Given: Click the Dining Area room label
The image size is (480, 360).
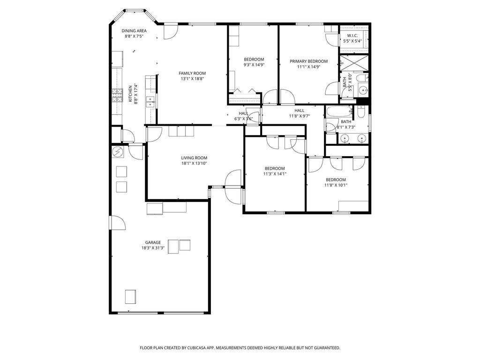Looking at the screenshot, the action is [x=134, y=30].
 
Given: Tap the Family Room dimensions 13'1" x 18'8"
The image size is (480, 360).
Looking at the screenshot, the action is [x=192, y=79].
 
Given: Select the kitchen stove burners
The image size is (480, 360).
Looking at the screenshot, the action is [x=117, y=95].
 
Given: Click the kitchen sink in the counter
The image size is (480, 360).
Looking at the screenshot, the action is [x=150, y=102].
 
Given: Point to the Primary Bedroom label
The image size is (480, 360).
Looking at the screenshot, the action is [x=308, y=61].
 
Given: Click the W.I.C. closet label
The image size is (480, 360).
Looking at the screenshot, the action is [x=352, y=36].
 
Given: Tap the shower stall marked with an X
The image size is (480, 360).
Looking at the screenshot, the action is [x=354, y=63].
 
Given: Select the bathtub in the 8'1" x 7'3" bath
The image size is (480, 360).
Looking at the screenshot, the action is [x=339, y=112].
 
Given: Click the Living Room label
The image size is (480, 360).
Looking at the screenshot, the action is [x=194, y=158].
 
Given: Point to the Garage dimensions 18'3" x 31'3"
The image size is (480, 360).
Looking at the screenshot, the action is [x=153, y=248].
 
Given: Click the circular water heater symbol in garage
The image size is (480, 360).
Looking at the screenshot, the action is [x=118, y=151].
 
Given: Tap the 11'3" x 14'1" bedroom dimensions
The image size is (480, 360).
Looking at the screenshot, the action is [x=275, y=174].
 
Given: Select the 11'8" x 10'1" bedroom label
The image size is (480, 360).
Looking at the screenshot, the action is [x=336, y=180].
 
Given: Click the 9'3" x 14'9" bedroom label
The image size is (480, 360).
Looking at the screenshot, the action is [x=254, y=60].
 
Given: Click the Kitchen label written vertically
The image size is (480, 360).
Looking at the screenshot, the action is [x=130, y=94].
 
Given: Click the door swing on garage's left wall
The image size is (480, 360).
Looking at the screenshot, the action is [x=118, y=223].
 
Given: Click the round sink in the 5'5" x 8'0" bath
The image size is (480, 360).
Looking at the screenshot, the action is [x=363, y=90].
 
